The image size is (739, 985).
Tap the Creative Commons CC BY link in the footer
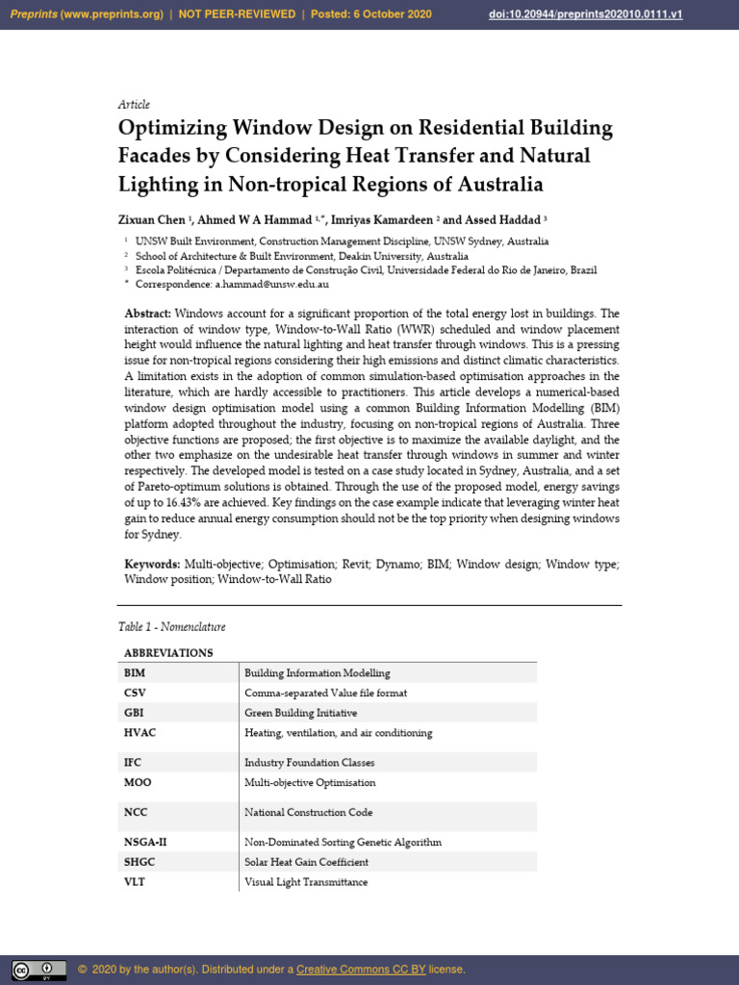[x=361, y=969]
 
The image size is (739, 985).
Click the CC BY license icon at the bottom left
[x=38, y=970]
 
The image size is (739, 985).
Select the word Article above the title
[x=134, y=104]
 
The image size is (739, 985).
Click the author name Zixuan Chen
[x=152, y=220]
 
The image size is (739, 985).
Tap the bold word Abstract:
[x=147, y=315]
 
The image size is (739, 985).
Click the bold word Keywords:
[x=152, y=564]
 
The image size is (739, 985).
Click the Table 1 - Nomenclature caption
[x=171, y=627]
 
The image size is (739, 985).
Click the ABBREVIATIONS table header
[x=168, y=652]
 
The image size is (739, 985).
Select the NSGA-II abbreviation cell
[x=145, y=842]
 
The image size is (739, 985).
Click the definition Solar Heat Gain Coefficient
[x=306, y=862]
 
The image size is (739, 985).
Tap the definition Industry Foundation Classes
[x=309, y=762]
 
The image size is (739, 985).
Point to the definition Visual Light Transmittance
[x=305, y=882]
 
